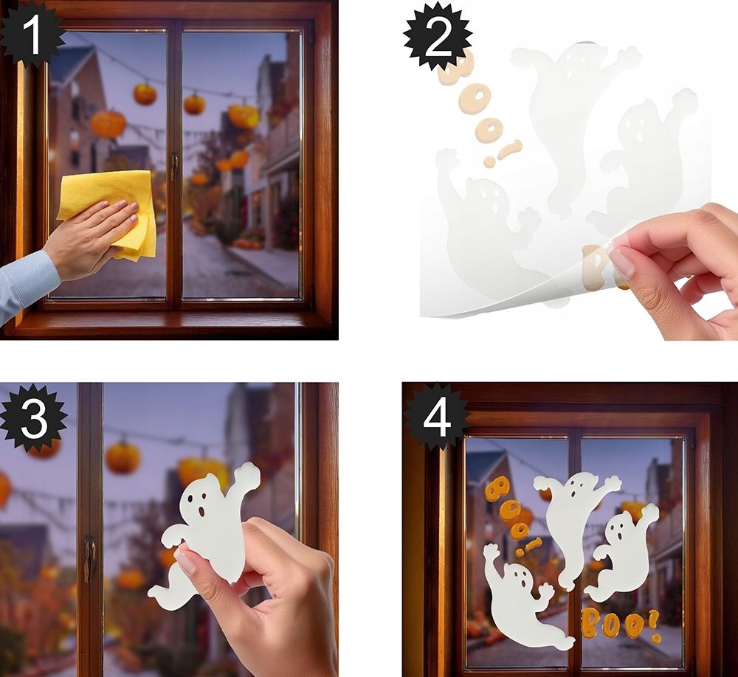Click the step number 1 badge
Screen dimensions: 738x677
tap(32, 34)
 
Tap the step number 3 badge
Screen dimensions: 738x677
tap(33, 417)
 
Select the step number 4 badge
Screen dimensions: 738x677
tap(437, 417)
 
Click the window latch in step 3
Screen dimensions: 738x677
tap(89, 558)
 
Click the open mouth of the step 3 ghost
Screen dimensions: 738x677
tap(201, 511)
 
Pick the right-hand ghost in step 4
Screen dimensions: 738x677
tap(621, 550)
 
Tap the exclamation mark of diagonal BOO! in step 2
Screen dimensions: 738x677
tap(503, 153)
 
